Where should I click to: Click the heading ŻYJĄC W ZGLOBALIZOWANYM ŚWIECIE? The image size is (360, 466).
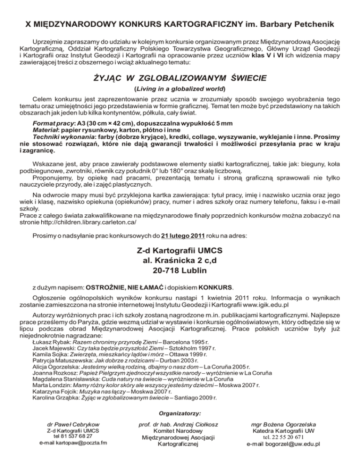[180, 76]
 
